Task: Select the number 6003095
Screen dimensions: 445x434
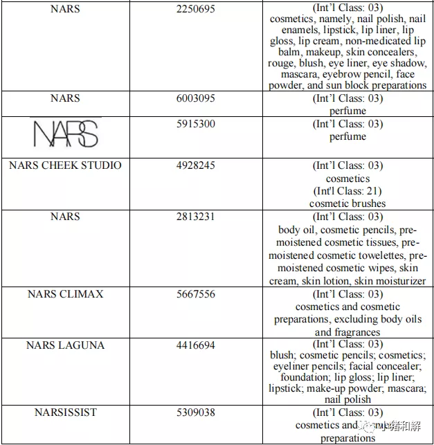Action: click(196, 98)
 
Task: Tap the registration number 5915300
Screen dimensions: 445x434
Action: click(196, 124)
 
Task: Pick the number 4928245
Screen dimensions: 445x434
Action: click(196, 165)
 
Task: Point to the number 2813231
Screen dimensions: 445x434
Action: click(196, 217)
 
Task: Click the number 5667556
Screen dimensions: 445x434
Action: click(196, 294)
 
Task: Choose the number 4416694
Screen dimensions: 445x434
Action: click(196, 345)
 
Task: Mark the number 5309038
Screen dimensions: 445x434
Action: click(196, 412)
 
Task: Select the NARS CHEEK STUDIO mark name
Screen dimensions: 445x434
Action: click(65, 165)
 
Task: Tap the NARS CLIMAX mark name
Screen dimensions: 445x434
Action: click(65, 294)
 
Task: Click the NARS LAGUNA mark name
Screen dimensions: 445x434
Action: click(65, 345)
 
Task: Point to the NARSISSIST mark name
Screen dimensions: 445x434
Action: click(65, 412)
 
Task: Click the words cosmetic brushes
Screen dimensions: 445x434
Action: click(347, 203)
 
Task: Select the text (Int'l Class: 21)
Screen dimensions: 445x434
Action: click(347, 191)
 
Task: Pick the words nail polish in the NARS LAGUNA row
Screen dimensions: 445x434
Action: click(347, 399)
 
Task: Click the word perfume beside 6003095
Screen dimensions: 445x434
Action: click(347, 111)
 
